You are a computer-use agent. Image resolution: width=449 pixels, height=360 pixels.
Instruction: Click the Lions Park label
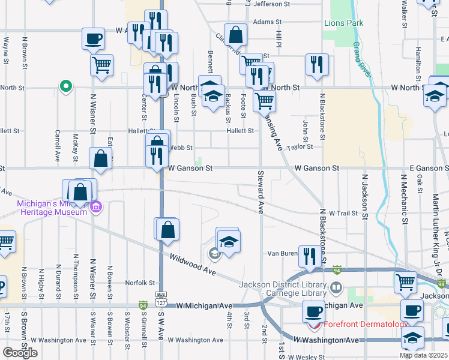(344, 23)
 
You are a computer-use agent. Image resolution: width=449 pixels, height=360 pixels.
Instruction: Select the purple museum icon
(96, 208)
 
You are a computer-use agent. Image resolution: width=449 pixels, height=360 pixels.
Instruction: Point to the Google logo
(20, 352)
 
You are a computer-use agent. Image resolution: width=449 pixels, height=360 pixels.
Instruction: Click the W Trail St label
(343, 213)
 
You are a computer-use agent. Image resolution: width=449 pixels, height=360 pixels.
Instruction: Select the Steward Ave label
(261, 191)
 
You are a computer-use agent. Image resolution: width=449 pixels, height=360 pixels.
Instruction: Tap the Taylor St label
(300, 146)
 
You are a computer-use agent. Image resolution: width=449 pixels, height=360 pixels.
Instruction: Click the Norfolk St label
(140, 283)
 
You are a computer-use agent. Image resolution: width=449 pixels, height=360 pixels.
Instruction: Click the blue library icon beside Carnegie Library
(336, 289)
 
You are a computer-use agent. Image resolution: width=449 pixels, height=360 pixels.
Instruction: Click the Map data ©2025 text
(423, 355)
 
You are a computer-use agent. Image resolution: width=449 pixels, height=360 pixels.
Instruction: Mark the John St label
(305, 128)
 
